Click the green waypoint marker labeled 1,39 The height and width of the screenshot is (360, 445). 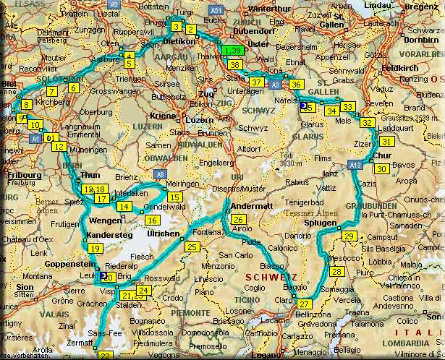(233, 50)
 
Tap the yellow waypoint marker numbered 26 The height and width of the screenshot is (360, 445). (238, 220)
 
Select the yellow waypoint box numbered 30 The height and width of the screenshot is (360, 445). (382, 168)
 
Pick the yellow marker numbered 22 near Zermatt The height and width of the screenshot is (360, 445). (106, 356)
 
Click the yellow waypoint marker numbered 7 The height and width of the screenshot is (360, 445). (51, 92)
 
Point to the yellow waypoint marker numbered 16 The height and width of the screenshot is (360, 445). (152, 220)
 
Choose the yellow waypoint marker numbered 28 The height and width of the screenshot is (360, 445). (337, 272)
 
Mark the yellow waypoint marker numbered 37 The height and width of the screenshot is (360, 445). (256, 82)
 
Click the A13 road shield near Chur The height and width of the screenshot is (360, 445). (355, 166)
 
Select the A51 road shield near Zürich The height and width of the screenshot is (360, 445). (216, 11)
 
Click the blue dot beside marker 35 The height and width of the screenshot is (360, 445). (302, 106)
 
